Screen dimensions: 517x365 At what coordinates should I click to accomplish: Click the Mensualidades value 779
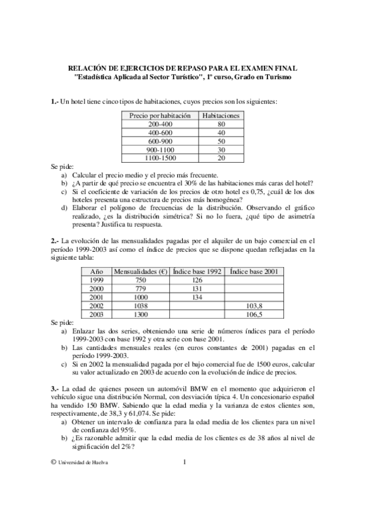(141, 288)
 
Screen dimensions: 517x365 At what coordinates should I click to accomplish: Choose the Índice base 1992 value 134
(197, 297)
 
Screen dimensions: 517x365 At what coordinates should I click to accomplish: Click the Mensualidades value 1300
(141, 314)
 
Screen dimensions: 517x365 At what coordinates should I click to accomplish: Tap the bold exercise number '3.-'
(55, 388)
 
